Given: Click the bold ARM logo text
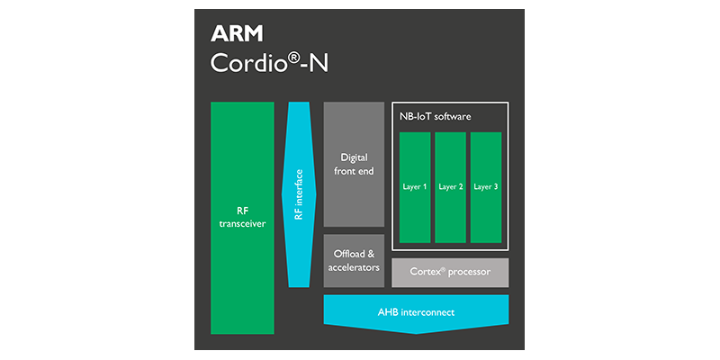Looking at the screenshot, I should coord(238,34).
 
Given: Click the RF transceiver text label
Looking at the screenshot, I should coord(242,218).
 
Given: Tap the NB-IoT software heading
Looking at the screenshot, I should coord(436,117).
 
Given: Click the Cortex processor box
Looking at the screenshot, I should coord(450,271).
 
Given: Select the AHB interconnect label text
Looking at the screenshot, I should coord(416,312).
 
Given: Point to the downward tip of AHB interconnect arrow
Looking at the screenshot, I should coord(416,331).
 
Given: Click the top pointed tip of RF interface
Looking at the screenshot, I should coord(299,103).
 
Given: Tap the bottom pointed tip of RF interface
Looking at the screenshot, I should coord(299,285).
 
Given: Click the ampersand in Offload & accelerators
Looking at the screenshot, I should coord(373,254).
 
